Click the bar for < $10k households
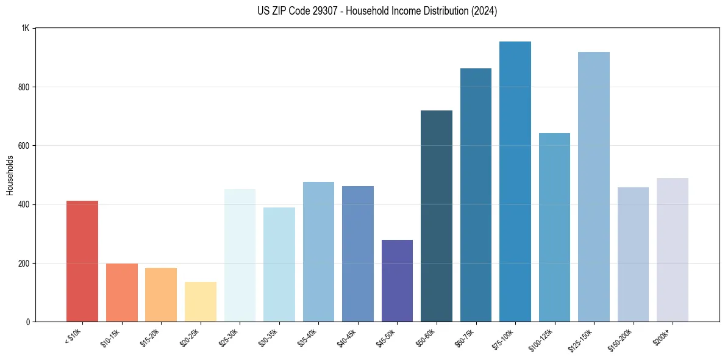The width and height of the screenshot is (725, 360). pyautogui.click(x=82, y=261)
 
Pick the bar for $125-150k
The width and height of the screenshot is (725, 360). pyautogui.click(x=594, y=187)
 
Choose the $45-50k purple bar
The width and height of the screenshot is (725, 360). pyautogui.click(x=397, y=281)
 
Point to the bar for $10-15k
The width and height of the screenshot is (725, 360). pyautogui.click(x=122, y=293)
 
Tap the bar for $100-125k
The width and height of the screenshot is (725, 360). pyautogui.click(x=554, y=228)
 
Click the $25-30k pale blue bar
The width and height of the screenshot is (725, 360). pyautogui.click(x=240, y=256)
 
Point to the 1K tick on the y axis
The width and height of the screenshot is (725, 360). pyautogui.click(x=26, y=28)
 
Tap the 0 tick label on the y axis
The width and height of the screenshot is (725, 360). pyautogui.click(x=28, y=322)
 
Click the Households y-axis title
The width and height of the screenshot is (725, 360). pyautogui.click(x=10, y=175)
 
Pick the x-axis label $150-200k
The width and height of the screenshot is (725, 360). pyautogui.click(x=621, y=339)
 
